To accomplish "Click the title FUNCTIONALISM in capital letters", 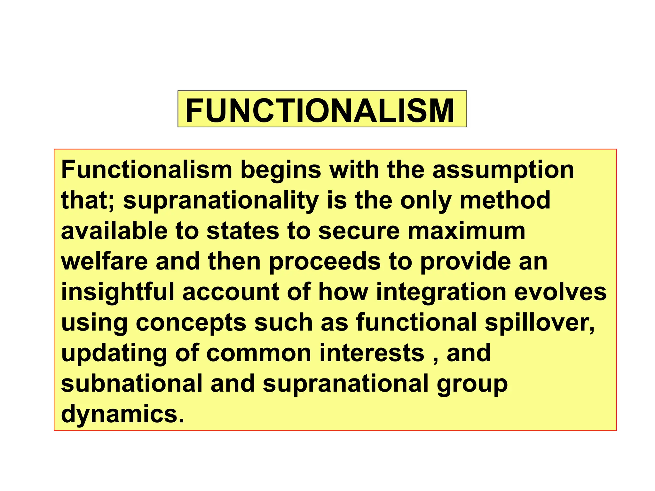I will click(x=320, y=110).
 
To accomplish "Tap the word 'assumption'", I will click(x=503, y=170).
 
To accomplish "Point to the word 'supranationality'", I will click(x=221, y=201).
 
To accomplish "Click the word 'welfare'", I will click(x=104, y=261).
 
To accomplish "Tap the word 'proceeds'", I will click(x=324, y=262).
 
